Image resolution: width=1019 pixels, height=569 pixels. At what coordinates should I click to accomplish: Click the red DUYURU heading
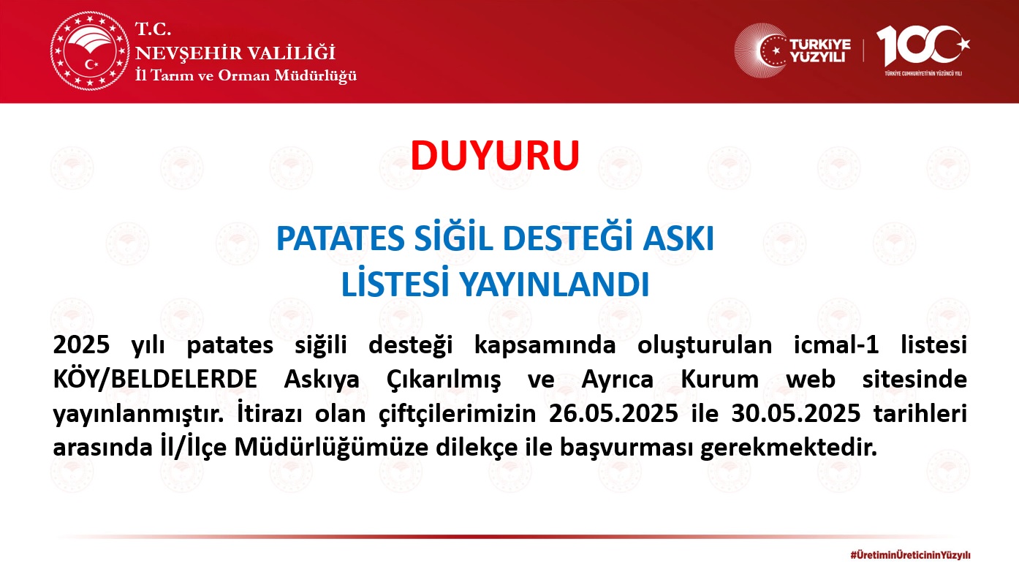click(x=495, y=156)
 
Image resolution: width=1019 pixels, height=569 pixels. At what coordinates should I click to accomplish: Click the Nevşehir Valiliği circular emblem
click(x=90, y=50)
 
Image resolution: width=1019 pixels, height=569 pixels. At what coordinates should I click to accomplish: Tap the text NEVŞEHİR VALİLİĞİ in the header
click(x=235, y=53)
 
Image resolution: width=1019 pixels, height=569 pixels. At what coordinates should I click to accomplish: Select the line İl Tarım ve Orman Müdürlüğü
click(x=246, y=75)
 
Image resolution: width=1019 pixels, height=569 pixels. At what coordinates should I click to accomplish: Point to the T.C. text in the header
click(x=154, y=29)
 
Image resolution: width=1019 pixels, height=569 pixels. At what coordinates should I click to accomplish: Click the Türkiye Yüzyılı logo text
click(x=819, y=50)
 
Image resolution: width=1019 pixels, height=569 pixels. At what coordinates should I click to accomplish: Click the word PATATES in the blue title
click(x=340, y=238)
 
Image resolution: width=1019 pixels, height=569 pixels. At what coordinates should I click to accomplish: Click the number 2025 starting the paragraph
click(x=81, y=344)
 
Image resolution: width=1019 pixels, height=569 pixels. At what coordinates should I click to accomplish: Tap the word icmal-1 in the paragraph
click(x=836, y=344)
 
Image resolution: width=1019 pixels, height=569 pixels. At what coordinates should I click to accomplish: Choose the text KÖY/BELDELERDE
click(x=155, y=379)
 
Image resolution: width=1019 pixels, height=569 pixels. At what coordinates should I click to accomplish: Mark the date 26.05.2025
click(x=614, y=413)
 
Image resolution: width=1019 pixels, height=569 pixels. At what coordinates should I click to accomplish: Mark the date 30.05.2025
click(x=796, y=413)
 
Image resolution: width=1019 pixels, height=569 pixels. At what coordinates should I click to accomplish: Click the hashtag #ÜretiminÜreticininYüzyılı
click(x=910, y=555)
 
